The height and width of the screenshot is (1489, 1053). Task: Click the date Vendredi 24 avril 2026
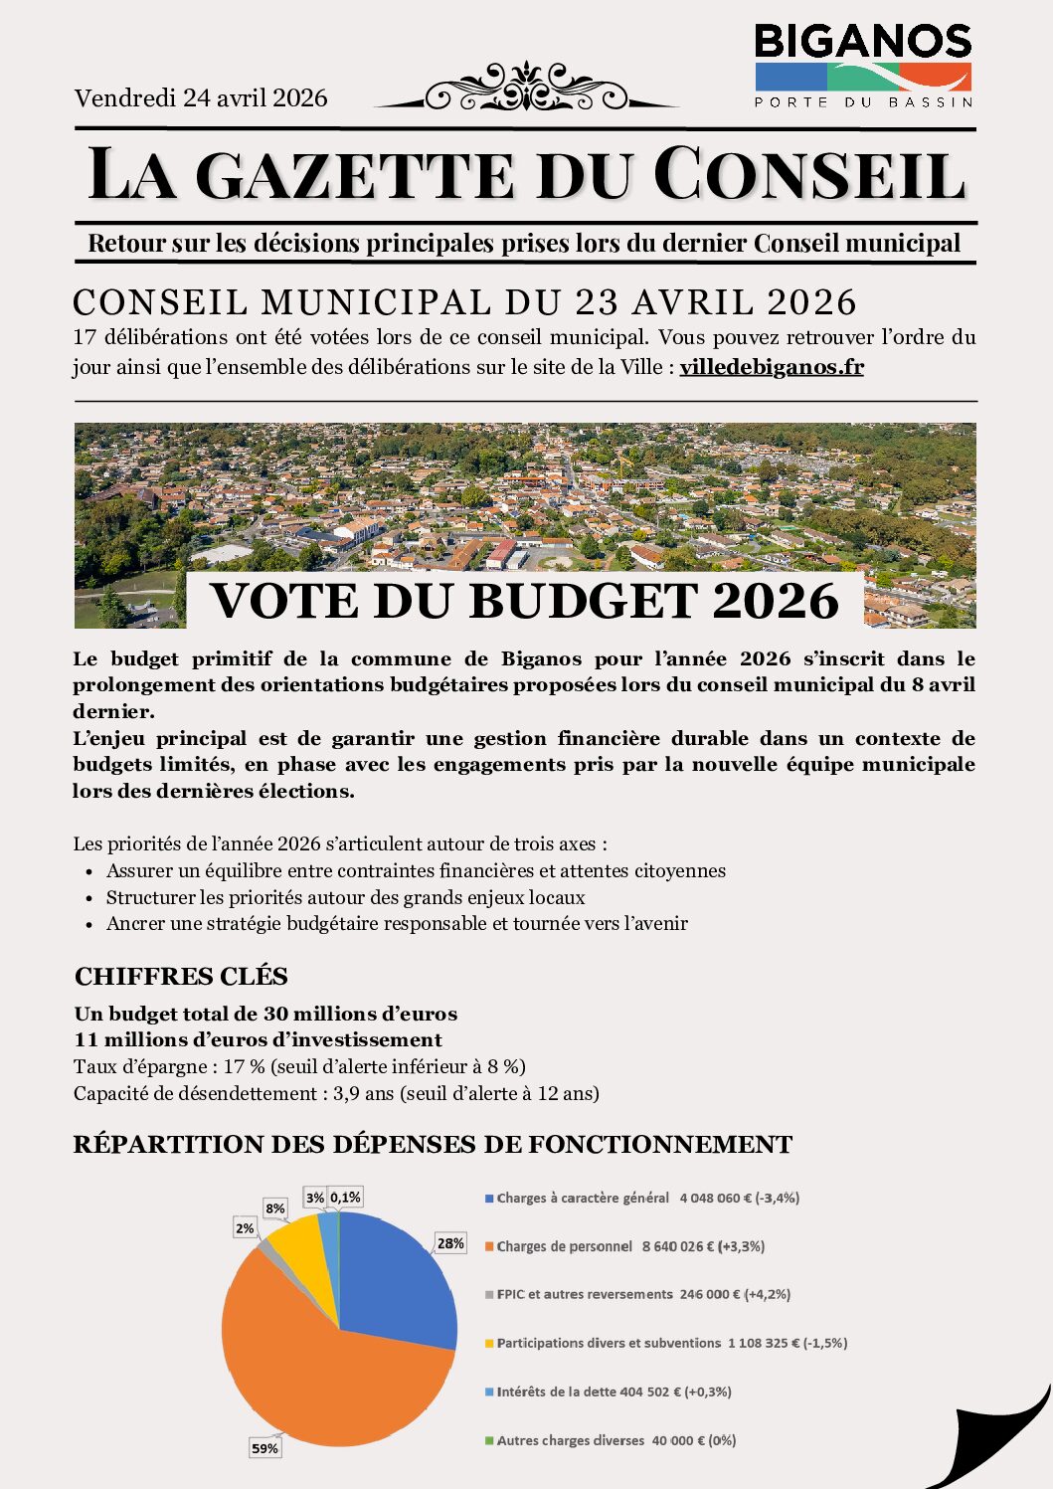tap(201, 97)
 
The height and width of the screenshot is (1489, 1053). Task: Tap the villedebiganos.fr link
tap(772, 367)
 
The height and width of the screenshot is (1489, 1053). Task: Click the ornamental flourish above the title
tap(526, 89)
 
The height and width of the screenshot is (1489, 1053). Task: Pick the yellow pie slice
tap(298, 1253)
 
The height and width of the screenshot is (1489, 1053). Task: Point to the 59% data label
tap(264, 1448)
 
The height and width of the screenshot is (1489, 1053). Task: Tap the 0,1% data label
tap(345, 1197)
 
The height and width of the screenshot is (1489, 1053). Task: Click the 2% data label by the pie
tap(245, 1228)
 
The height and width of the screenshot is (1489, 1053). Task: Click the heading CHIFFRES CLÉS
tap(181, 976)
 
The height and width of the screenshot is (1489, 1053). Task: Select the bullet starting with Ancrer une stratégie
tap(397, 923)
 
